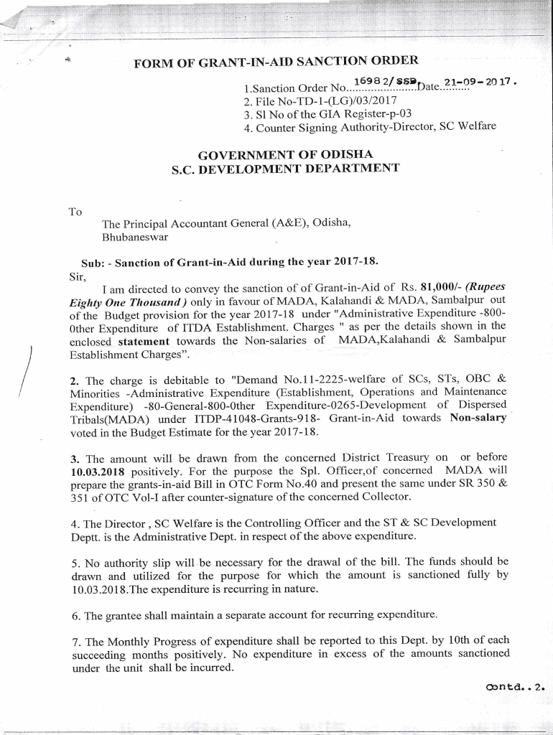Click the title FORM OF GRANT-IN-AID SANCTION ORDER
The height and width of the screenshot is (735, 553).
click(x=276, y=64)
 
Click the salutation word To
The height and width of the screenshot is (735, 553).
click(x=75, y=212)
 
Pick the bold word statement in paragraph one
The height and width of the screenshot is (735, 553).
click(x=144, y=341)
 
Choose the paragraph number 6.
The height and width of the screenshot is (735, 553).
click(x=75, y=616)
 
